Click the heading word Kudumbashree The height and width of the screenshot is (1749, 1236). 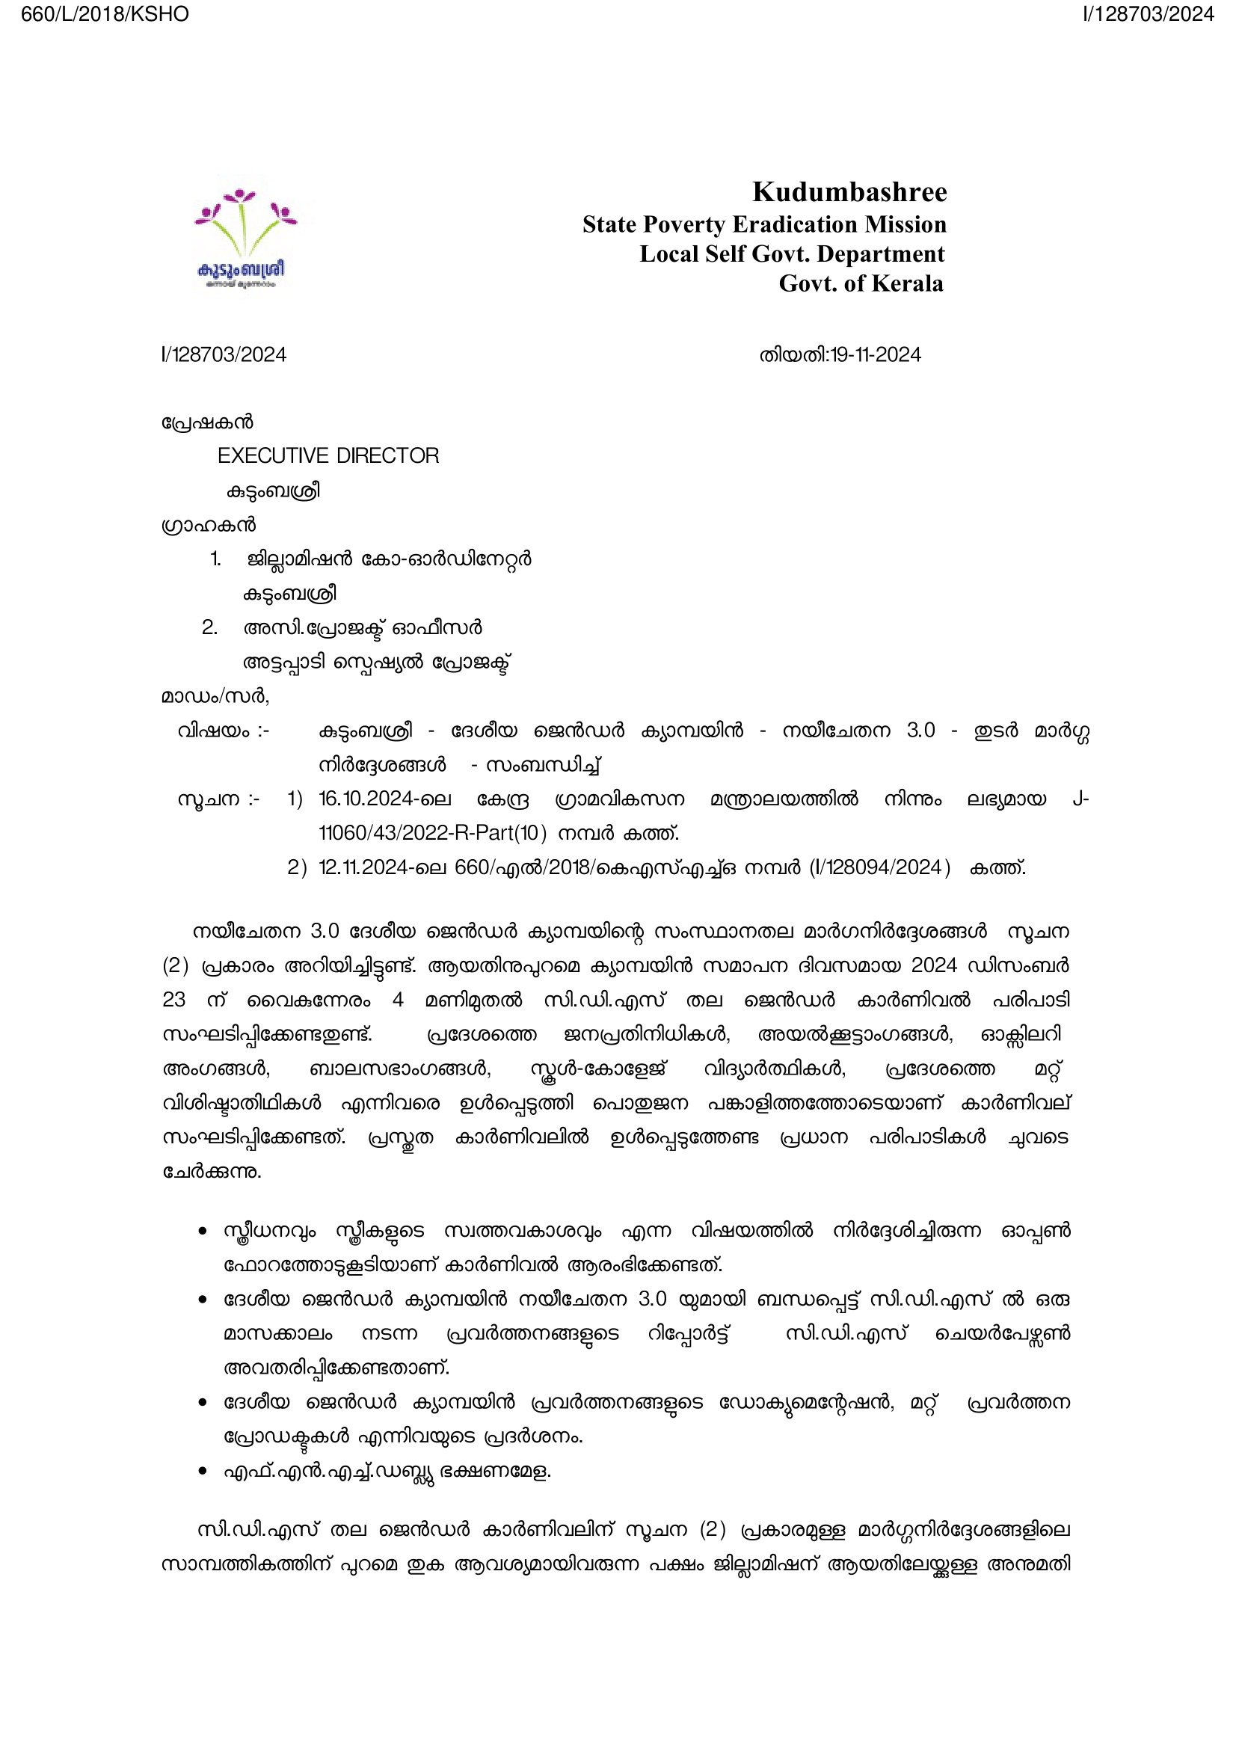coord(849,192)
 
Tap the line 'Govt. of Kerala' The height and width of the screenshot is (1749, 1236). coord(861,283)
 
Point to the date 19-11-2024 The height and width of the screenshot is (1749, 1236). coord(876,355)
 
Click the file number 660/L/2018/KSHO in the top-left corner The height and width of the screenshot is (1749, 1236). coord(105,14)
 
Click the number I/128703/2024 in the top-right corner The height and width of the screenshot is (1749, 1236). coord(1148,14)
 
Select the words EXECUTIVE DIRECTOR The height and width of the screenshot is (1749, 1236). coord(328,455)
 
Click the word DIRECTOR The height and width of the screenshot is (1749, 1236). coord(387,455)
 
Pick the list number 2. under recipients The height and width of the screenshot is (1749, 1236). coord(209,627)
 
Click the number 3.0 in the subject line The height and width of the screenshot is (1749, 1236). coord(920,731)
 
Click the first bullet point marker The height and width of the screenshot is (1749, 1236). coord(203,1232)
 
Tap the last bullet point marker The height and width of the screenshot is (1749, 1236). coord(203,1471)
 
